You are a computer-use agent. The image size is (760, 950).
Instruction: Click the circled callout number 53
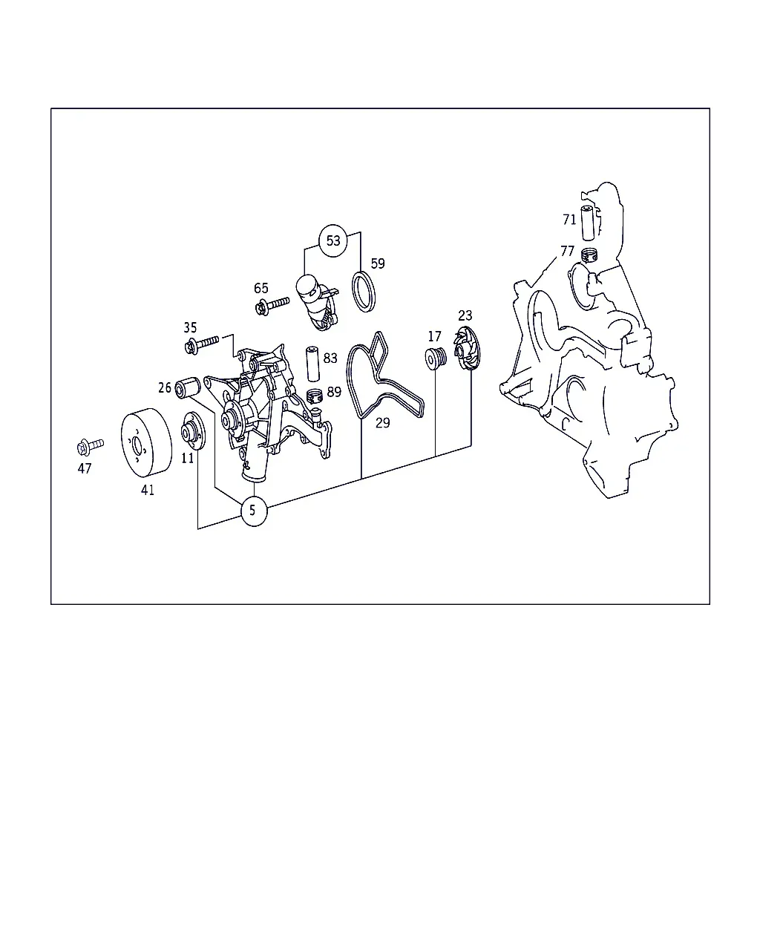(333, 240)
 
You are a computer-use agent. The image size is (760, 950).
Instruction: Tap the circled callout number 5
(254, 511)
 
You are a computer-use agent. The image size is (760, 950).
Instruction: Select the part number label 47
(85, 468)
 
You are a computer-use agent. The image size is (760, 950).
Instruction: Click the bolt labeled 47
(90, 446)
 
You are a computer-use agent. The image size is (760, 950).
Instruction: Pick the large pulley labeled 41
(147, 442)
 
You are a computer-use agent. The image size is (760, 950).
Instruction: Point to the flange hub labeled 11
(194, 431)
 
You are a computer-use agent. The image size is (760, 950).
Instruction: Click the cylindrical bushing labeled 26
(188, 387)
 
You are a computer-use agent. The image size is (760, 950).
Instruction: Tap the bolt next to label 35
(201, 344)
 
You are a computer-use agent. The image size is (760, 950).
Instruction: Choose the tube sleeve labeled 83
(312, 364)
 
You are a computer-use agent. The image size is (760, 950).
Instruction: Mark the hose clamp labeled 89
(315, 396)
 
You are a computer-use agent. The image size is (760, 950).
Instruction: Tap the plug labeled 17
(436, 358)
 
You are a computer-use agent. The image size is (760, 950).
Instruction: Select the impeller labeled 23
(467, 348)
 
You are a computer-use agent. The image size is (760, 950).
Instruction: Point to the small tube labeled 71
(588, 223)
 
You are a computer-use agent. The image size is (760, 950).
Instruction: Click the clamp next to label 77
(589, 255)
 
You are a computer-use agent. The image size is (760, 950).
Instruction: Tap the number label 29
(383, 423)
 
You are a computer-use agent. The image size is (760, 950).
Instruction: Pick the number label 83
(330, 358)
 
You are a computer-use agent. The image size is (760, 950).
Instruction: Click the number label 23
(465, 315)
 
